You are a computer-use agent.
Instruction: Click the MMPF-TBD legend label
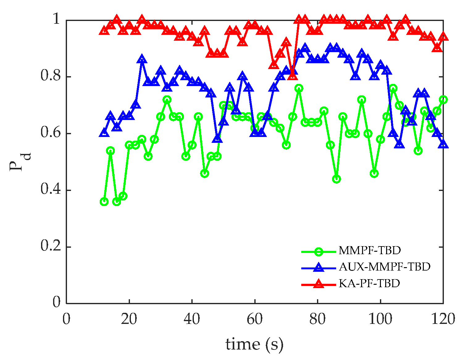pos(369,250)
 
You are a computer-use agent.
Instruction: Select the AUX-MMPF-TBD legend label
pos(384,267)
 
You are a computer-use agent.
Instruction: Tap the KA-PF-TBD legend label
pos(369,283)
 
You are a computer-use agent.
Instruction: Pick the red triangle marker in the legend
pos(319,284)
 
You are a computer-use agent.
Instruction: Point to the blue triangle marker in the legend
pos(319,268)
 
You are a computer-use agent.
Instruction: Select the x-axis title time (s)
pos(254,344)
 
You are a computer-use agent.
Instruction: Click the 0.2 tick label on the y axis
pos(51,247)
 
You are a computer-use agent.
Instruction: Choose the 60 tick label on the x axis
pos(255,319)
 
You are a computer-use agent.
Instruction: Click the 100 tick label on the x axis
pos(380,319)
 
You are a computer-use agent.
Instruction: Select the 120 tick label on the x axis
pos(443,319)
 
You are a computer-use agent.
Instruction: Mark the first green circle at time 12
pos(104,202)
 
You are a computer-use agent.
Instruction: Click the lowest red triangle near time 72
pos(292,75)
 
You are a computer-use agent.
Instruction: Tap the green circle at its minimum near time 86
pos(336,179)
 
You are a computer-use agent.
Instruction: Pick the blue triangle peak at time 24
pos(142,59)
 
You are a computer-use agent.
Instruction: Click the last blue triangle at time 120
pos(443,144)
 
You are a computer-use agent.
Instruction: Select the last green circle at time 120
pos(443,100)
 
